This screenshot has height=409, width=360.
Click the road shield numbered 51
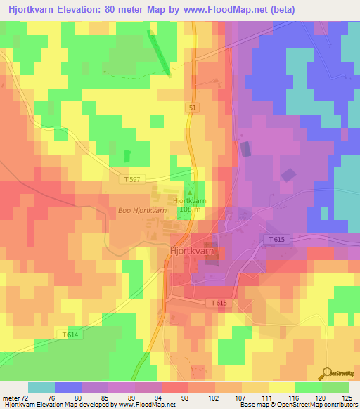[x=192, y=108]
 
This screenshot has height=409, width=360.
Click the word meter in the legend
[x=11, y=397]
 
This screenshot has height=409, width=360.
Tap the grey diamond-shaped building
[x=288, y=174]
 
